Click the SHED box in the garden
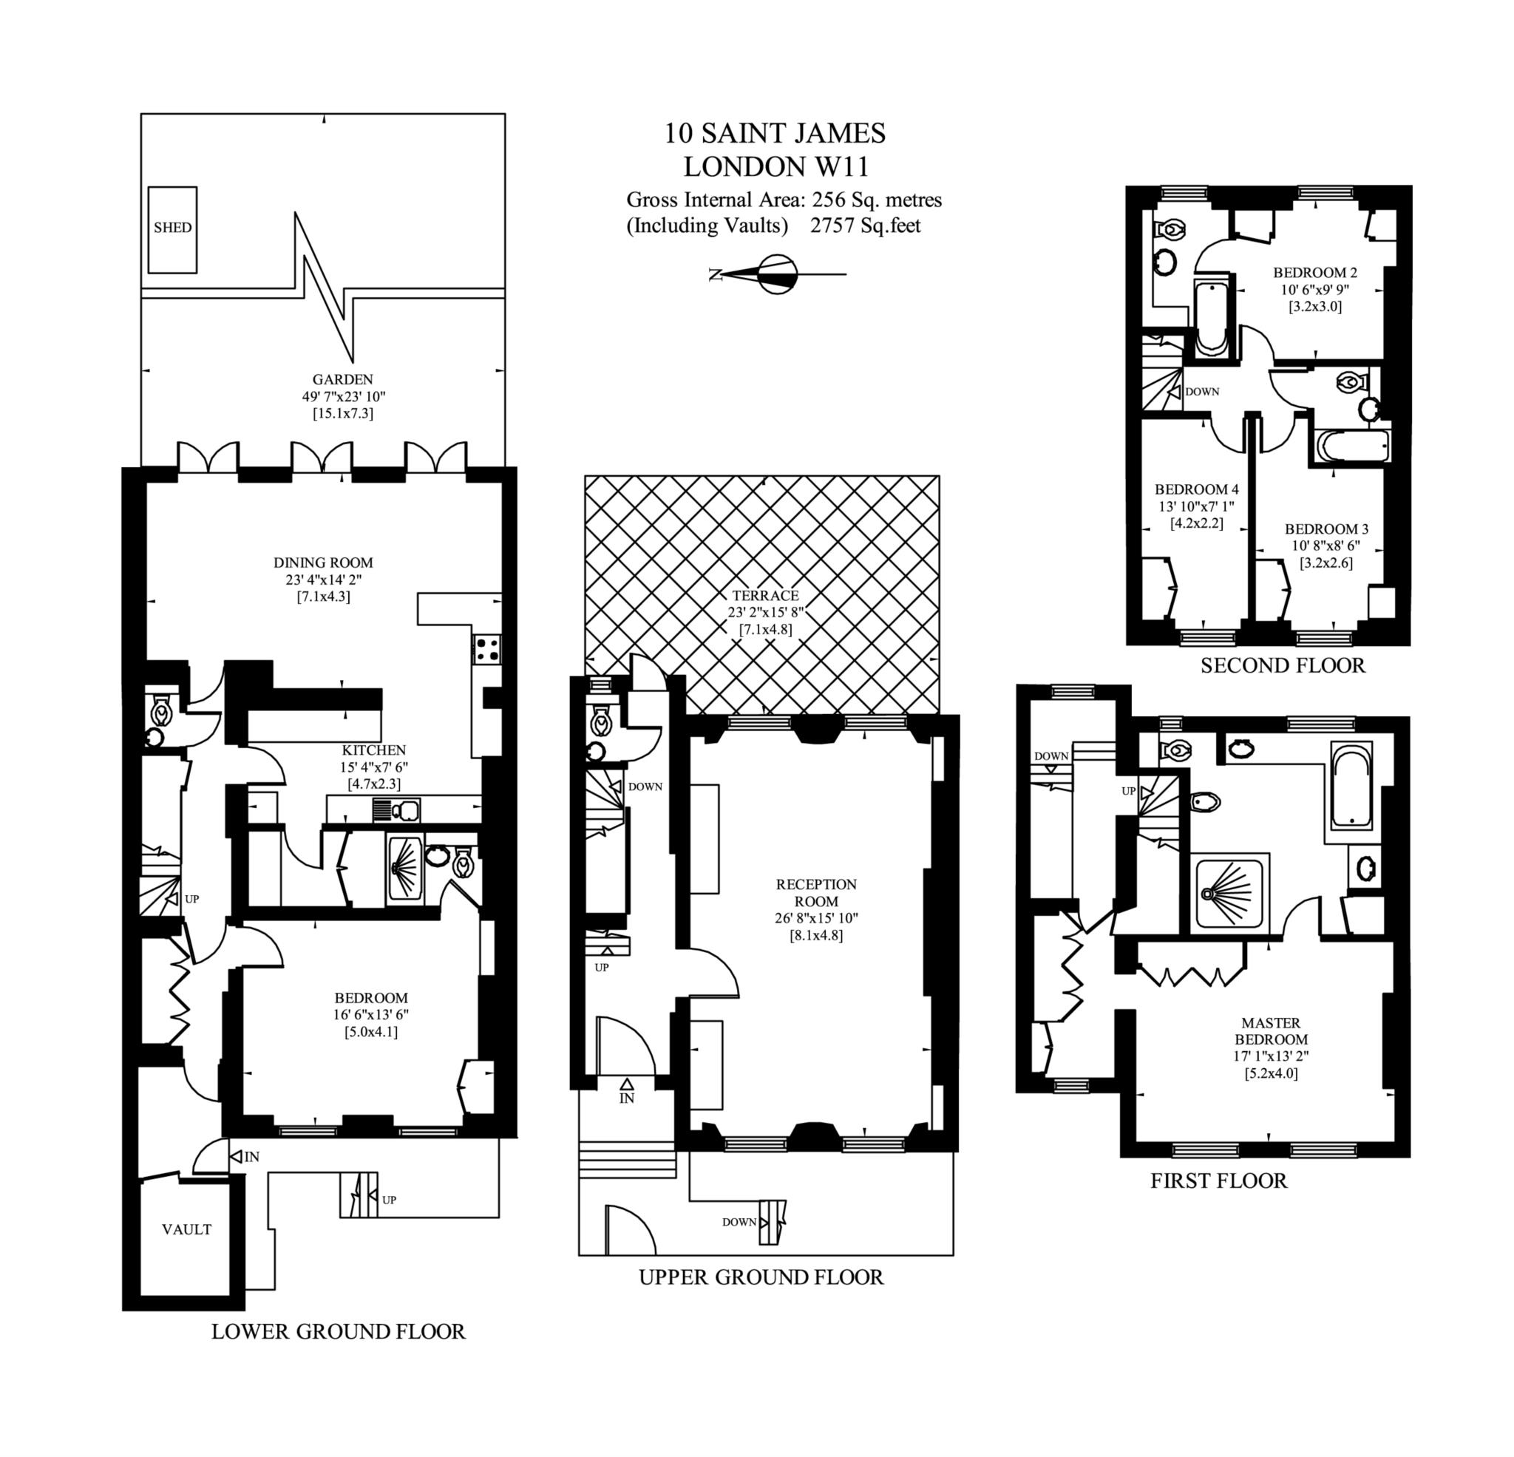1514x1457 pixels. click(172, 228)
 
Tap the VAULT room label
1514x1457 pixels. click(186, 1229)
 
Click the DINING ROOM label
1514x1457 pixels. click(323, 563)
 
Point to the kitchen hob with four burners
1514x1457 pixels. click(486, 649)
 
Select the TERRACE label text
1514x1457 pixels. click(764, 596)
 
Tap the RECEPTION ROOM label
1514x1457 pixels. click(816, 892)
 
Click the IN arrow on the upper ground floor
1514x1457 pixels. click(626, 1092)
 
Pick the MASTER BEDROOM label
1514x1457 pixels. click(1271, 1030)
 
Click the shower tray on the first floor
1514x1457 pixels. click(1229, 893)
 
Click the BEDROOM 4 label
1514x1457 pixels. click(1197, 490)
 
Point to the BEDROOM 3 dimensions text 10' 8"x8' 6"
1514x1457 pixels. click(1325, 546)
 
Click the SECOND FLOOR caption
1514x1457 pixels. click(1283, 666)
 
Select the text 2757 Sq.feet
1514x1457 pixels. click(865, 225)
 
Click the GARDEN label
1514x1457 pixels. click(342, 379)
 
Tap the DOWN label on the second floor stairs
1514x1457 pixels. click(1202, 392)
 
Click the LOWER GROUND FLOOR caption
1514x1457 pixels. click(339, 1332)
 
